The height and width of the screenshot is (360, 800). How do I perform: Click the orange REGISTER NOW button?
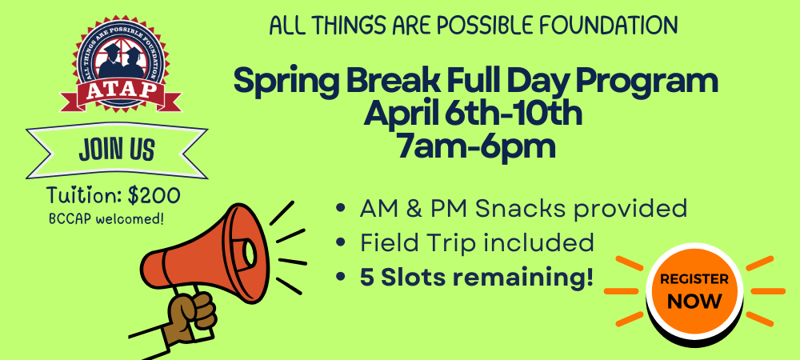(694, 292)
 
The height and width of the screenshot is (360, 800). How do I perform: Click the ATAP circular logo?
(121, 64)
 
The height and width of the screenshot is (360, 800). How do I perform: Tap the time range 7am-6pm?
(476, 147)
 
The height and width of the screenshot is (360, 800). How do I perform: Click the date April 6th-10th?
(473, 114)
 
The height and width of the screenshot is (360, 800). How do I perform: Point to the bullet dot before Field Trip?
(340, 242)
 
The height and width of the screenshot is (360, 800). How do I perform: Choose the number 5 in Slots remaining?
(367, 277)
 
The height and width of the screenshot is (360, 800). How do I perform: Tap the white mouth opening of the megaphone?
(250, 253)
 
